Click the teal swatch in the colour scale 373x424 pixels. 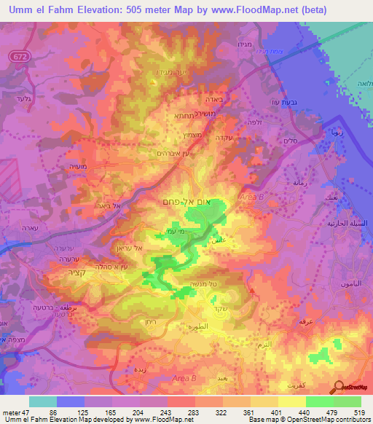coord(42,401)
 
